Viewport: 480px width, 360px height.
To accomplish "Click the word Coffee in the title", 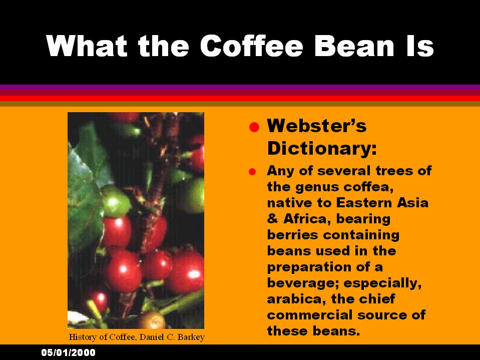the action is (252, 46).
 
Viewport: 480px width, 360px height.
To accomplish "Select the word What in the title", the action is (87, 46).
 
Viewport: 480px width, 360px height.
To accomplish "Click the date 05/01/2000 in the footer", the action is (68, 352).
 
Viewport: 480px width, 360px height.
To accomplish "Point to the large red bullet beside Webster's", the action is (254, 127).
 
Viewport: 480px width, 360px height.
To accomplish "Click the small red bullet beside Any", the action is (252, 172).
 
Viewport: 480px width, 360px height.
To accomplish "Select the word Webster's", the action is (316, 126).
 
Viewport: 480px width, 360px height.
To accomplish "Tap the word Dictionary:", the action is (322, 149).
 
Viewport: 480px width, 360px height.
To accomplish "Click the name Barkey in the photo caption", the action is (193, 337).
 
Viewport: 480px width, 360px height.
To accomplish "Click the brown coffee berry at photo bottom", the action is (152, 320).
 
